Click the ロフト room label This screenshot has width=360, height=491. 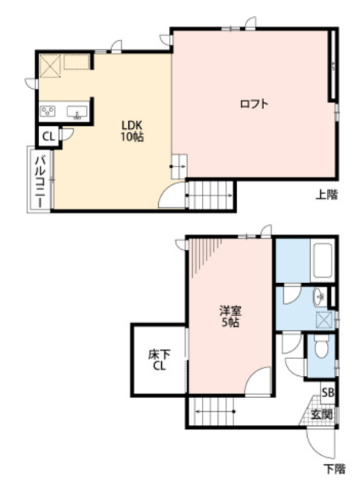click(254, 104)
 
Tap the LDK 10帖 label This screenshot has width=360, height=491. click(133, 131)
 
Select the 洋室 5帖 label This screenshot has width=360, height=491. click(230, 317)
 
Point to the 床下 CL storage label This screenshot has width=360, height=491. click(159, 360)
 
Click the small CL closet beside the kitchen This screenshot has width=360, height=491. click(48, 137)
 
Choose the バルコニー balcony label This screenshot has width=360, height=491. click(41, 181)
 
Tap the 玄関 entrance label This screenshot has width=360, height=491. click(322, 414)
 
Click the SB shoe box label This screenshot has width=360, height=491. click(328, 392)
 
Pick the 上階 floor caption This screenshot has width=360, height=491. click(326, 195)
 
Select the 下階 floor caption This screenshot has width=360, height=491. click(335, 469)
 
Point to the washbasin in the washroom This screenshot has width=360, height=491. click(319, 296)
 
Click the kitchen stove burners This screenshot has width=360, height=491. click(48, 111)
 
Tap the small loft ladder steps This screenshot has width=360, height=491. click(179, 166)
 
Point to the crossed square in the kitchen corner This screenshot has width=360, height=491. click(50, 66)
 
